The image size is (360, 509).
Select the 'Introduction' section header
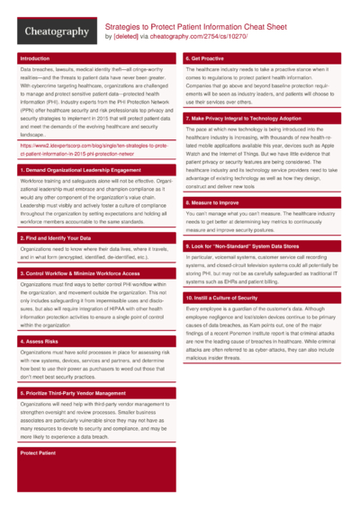tap(35, 58)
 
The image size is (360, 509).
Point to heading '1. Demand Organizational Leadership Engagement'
tap(80, 170)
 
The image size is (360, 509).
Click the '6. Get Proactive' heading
tap(206, 58)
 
